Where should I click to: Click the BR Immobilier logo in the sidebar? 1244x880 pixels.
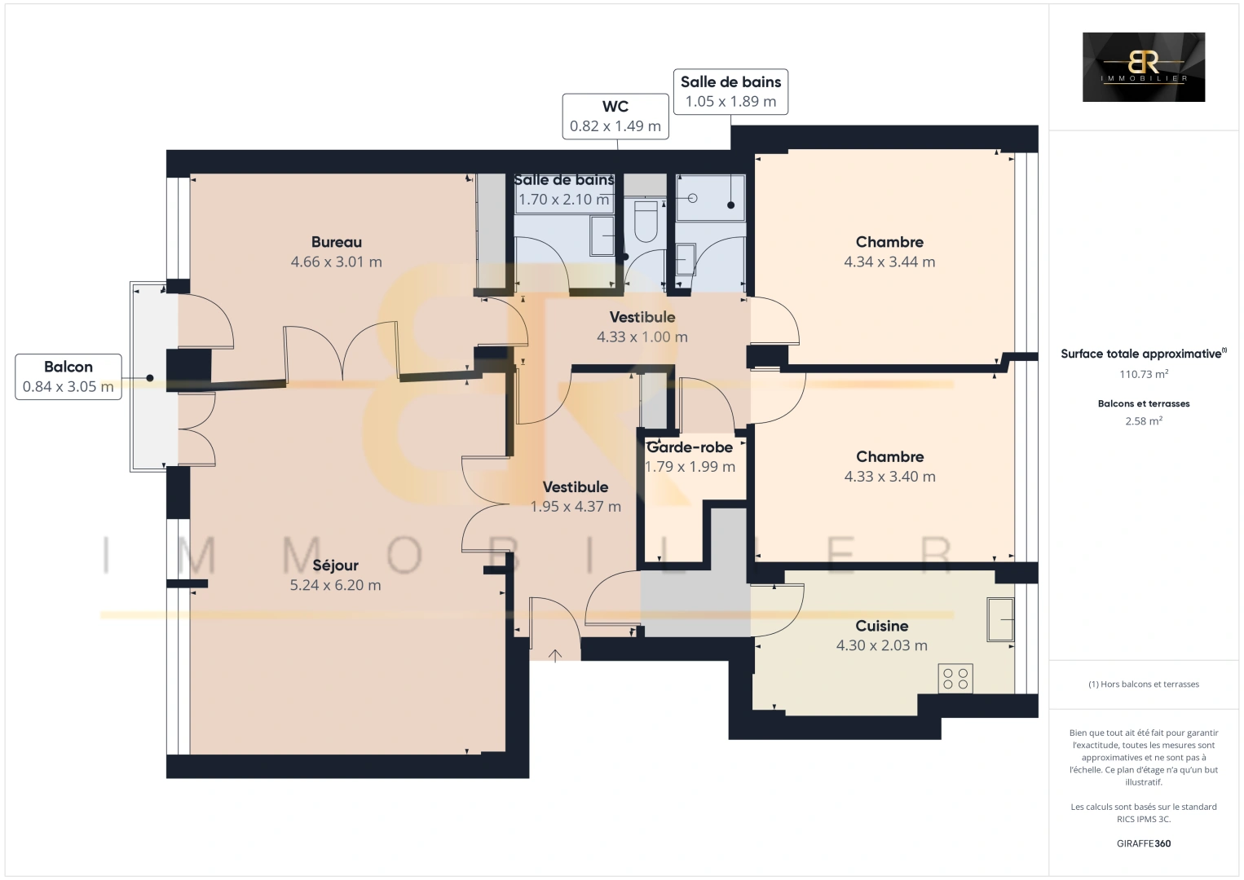[1143, 67]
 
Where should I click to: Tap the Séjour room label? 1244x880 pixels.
[335, 565]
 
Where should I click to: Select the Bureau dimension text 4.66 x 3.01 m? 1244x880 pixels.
[336, 262]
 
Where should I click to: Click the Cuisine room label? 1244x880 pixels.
[881, 626]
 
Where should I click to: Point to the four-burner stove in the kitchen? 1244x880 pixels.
[955, 679]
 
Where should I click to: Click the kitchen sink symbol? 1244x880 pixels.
[999, 619]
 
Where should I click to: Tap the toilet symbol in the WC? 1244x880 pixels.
[645, 222]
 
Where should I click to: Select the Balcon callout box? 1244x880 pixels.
[68, 376]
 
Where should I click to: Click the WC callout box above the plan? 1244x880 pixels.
[615, 117]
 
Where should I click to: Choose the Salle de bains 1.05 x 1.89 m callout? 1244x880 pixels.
[730, 91]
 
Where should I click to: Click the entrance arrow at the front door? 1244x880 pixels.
[555, 655]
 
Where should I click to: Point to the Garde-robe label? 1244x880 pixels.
[690, 447]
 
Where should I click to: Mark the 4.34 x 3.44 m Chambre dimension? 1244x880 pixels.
[889, 262]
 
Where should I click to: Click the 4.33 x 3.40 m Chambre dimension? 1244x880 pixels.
[889, 477]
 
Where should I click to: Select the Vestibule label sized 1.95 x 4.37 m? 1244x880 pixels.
[576, 487]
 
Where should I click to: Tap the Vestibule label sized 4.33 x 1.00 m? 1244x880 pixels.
[642, 317]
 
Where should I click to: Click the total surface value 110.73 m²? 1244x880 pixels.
[1143, 375]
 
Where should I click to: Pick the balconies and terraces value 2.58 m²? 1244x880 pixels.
[1143, 421]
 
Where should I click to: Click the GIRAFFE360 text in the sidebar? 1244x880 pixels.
[1143, 843]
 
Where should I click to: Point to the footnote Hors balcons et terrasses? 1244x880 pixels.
[1143, 684]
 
